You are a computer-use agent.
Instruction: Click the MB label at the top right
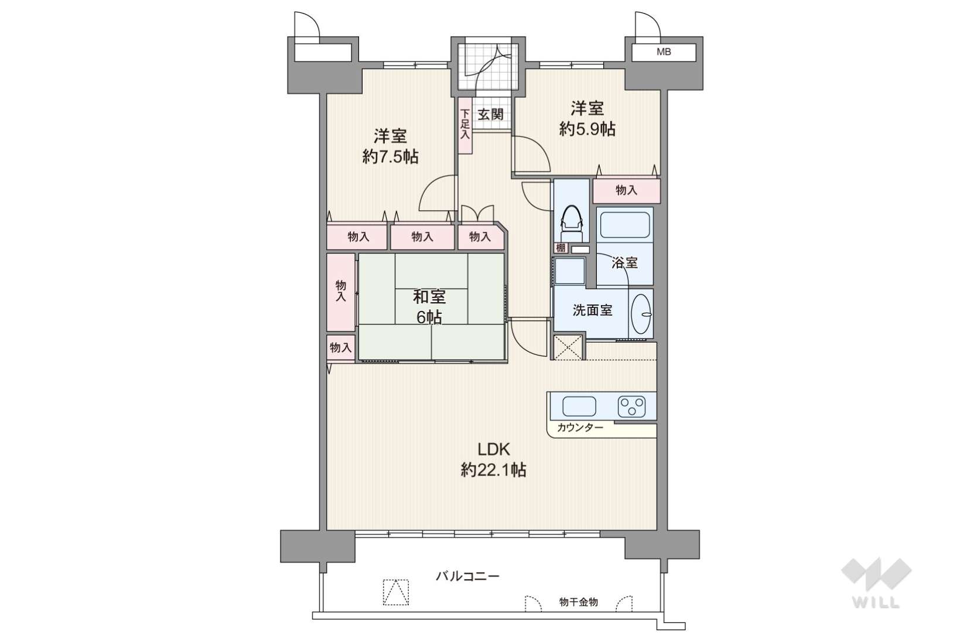tap(664, 52)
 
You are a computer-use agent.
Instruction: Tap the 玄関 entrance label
tap(490, 114)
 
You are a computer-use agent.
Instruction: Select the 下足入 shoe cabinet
tap(465, 125)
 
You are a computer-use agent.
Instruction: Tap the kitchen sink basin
tap(579, 406)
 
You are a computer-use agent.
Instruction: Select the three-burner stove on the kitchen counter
tap(632, 406)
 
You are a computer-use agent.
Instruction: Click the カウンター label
tap(580, 427)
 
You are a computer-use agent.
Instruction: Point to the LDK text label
tap(494, 449)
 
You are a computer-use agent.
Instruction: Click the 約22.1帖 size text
tap(494, 470)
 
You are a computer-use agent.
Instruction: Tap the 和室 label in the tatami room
tap(429, 296)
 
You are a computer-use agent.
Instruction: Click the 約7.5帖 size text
tap(390, 157)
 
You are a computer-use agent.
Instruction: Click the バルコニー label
tap(467, 576)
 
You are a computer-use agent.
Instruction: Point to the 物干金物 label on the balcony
tap(579, 603)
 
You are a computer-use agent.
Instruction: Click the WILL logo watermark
tap(876, 582)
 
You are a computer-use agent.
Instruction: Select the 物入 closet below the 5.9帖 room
tap(627, 191)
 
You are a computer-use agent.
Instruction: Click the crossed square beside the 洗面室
tap(568, 347)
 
